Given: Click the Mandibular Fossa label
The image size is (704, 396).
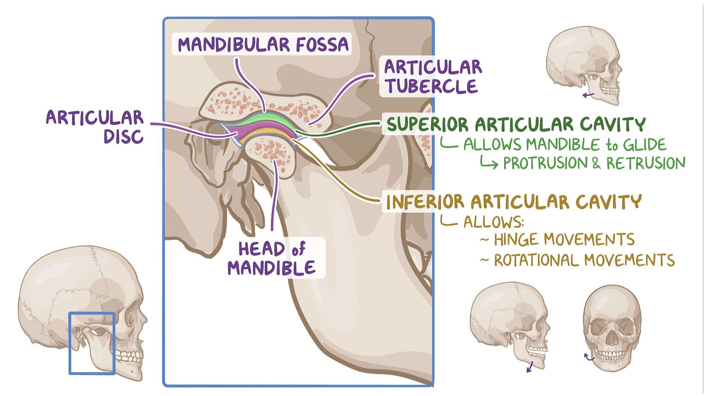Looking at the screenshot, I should [263, 44].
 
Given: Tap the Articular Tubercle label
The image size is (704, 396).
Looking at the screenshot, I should [433, 77].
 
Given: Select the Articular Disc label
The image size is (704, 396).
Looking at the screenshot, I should [95, 126].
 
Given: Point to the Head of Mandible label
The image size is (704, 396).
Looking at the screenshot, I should [272, 258].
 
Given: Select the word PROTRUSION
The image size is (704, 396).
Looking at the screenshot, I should [545, 164].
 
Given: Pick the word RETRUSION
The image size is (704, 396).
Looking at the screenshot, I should [646, 164].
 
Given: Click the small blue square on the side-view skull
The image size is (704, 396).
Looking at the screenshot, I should [92, 343].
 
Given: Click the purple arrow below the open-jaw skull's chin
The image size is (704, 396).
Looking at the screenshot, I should [530, 366].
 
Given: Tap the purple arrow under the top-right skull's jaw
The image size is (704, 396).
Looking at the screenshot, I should [589, 96].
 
